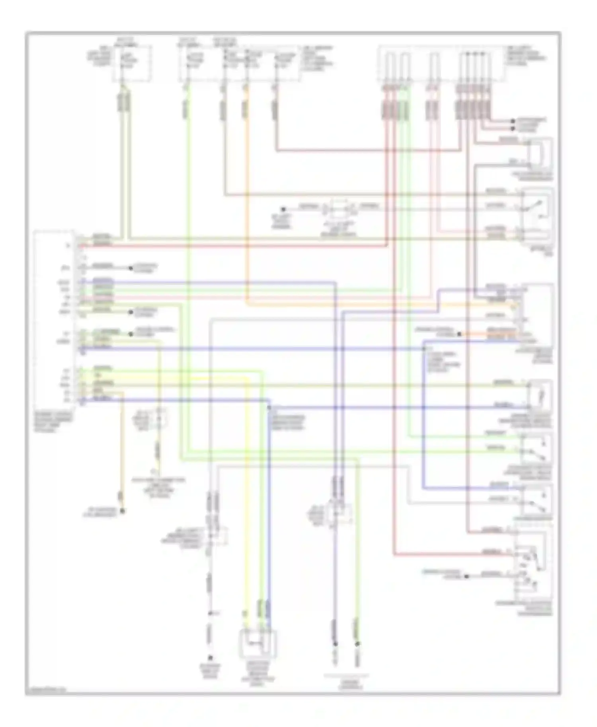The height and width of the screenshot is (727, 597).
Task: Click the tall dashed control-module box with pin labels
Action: (x=54, y=318)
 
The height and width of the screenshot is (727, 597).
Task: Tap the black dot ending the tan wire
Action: (x=123, y=511)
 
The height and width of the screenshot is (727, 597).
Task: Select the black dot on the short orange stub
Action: (x=459, y=334)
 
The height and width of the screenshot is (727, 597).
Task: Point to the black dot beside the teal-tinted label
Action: (x=467, y=576)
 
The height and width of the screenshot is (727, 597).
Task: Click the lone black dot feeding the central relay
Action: (x=283, y=209)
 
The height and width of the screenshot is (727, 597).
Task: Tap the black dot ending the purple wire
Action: (x=335, y=643)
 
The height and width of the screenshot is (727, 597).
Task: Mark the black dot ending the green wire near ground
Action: (x=357, y=643)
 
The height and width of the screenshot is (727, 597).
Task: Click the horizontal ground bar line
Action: (x=346, y=675)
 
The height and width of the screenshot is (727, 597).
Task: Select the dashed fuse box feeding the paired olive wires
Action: (x=132, y=64)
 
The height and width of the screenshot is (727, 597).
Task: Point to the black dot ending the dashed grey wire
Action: (x=211, y=658)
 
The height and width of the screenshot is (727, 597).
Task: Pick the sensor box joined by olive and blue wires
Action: (x=540, y=396)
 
